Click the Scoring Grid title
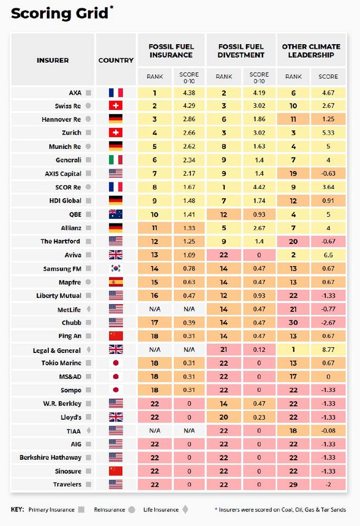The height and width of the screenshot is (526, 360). (59, 14)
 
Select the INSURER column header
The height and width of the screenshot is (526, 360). (53, 60)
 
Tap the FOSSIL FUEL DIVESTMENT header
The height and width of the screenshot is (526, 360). (241, 50)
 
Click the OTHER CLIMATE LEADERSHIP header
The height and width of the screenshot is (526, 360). (311, 50)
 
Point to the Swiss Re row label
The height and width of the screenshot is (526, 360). (68, 106)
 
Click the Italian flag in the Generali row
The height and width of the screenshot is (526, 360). (116, 160)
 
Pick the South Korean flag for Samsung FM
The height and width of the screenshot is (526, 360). (116, 268)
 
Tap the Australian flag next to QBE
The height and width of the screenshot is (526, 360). (116, 214)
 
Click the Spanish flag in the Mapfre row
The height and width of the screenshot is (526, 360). (116, 282)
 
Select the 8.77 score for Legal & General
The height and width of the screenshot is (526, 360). (328, 350)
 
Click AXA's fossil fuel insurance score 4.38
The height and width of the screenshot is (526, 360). (189, 93)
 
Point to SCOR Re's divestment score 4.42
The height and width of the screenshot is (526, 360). (259, 187)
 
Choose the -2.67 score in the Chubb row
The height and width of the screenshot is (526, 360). (328, 322)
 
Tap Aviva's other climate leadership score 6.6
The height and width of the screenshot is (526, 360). (328, 255)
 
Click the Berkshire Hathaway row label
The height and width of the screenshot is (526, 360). (51, 458)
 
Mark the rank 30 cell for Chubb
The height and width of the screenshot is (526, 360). (293, 322)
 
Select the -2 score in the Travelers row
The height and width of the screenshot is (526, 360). (328, 484)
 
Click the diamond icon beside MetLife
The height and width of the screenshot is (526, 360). (88, 309)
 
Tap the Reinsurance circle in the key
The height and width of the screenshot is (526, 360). (132, 510)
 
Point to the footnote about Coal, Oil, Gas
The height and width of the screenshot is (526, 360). (280, 510)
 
